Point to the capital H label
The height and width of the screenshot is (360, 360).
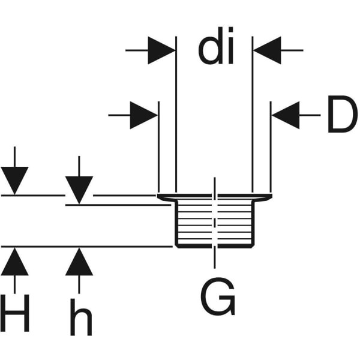tap(16, 313)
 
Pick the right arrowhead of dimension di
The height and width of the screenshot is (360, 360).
tap(266, 50)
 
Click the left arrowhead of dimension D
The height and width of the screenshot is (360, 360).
tap(145, 115)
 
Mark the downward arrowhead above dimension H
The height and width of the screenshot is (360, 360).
tap(14, 181)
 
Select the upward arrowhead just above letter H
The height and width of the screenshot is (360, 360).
tap(14, 262)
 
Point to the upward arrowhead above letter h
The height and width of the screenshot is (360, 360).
tap(79, 262)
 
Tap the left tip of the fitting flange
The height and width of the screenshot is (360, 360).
tap(158, 196)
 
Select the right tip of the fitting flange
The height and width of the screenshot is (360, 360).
tap(271, 196)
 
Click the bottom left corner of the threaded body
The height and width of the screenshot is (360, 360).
tap(176, 245)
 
